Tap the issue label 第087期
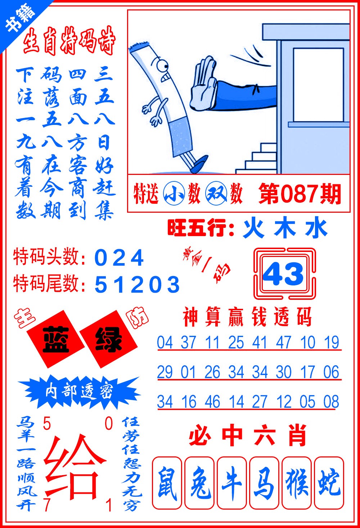[300, 194]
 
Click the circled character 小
[174, 194]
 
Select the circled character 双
[216, 194]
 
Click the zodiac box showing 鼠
[167, 483]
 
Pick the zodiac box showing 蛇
[329, 483]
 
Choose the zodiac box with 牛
[232, 483]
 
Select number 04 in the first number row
[165, 343]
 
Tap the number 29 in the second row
[165, 372]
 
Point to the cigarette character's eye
[162, 66]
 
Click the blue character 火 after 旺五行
[254, 229]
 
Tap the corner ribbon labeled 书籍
[20, 20]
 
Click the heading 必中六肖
[248, 436]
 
